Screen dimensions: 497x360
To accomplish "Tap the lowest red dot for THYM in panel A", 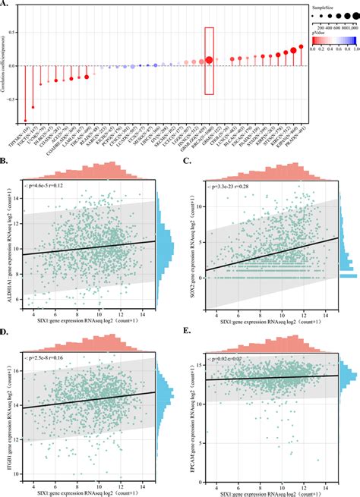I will tap(25, 120).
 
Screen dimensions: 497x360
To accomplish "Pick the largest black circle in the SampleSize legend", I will tap(354, 15).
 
